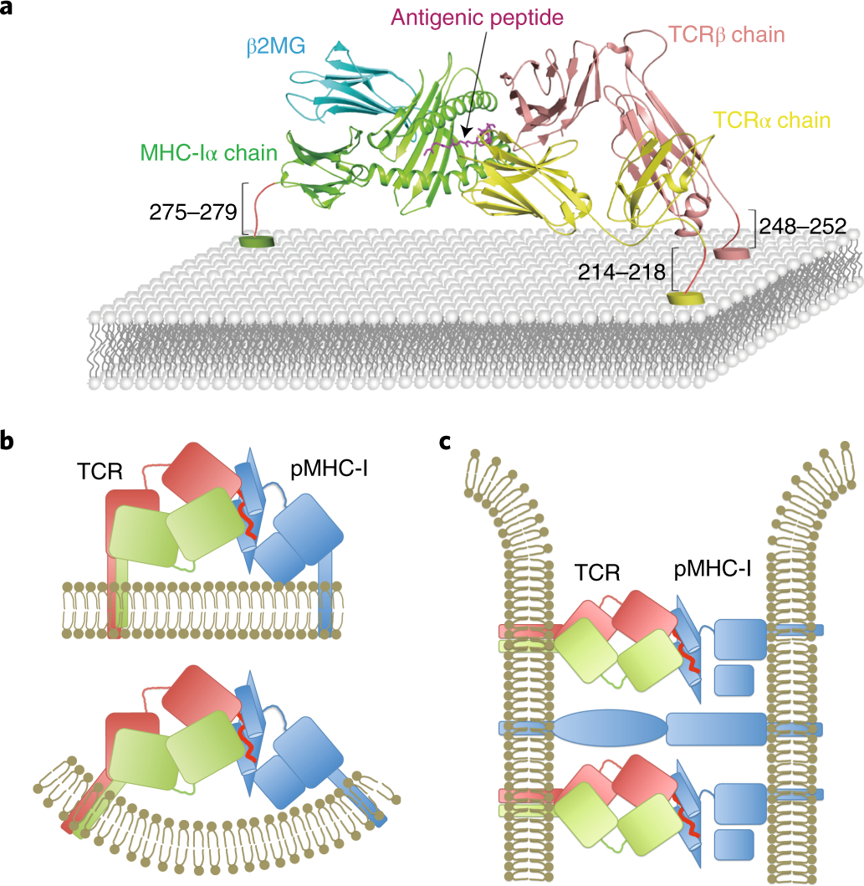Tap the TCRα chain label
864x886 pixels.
771,120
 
